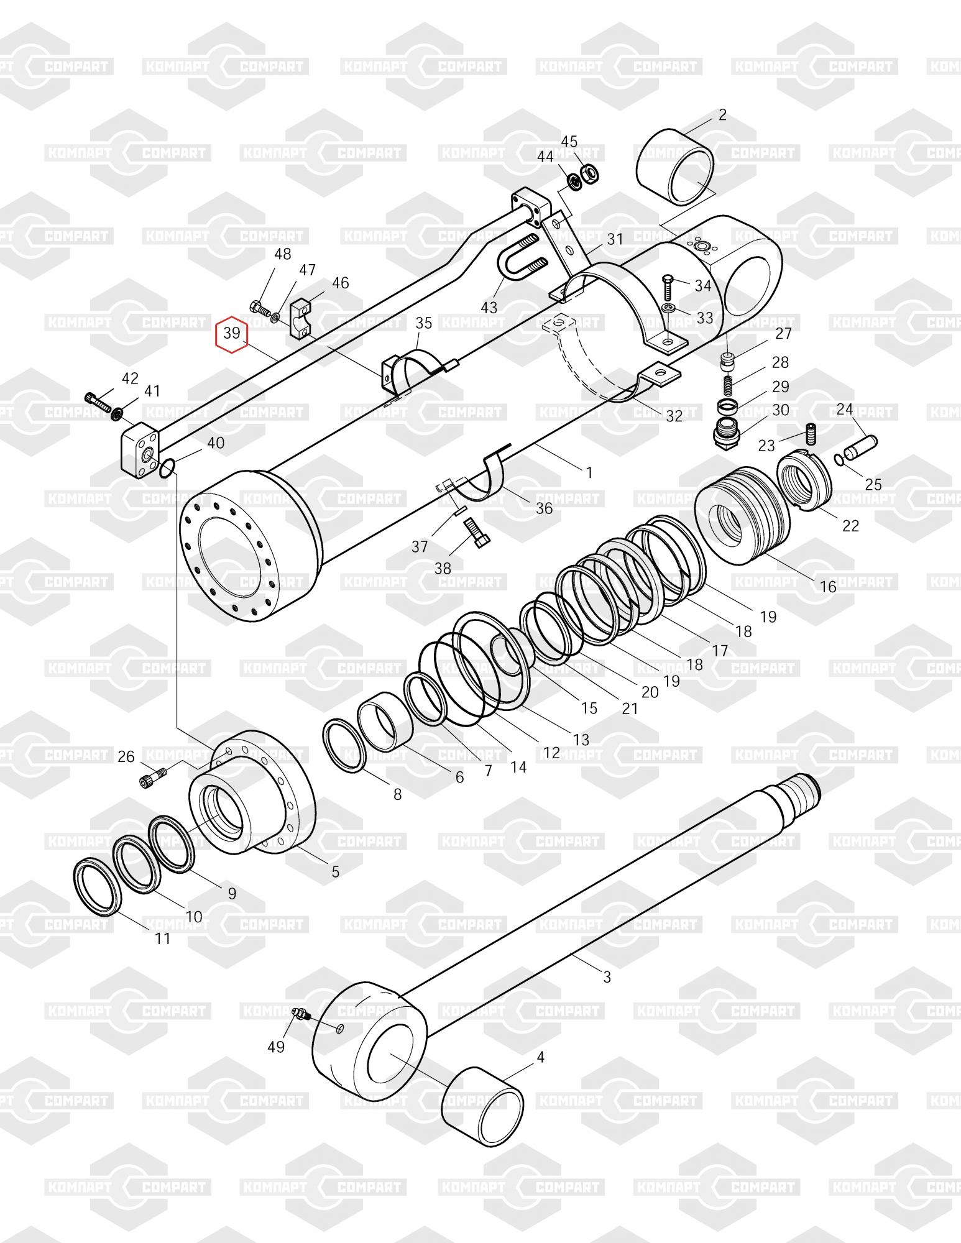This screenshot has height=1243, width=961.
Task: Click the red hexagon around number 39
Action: click(232, 334)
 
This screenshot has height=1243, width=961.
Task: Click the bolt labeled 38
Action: click(477, 533)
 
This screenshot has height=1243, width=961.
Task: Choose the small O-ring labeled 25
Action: click(839, 459)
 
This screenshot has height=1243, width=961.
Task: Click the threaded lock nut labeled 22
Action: click(804, 482)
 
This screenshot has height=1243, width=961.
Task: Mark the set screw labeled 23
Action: click(810, 432)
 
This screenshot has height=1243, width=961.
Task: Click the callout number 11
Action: click(162, 938)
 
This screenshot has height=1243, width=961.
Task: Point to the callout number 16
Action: click(828, 586)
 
